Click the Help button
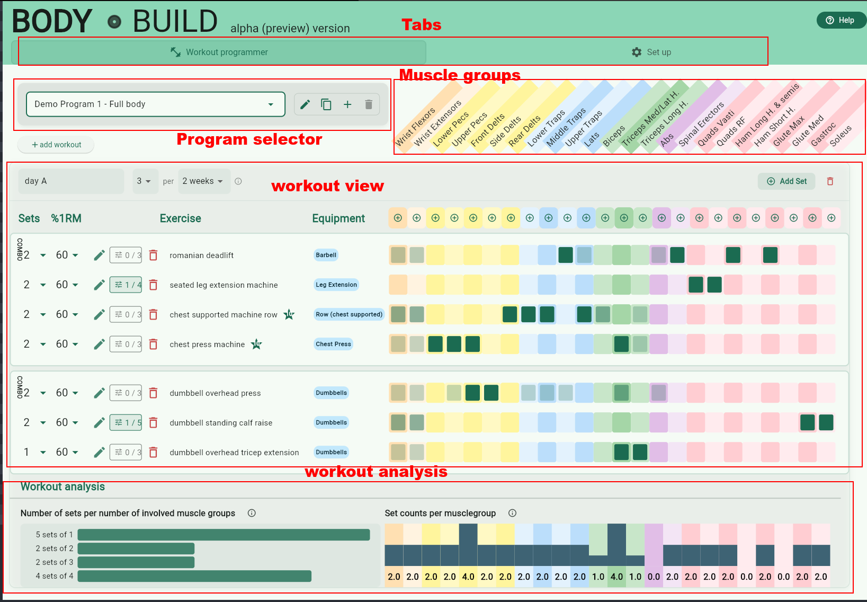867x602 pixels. coord(841,20)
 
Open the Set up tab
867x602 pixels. coord(651,52)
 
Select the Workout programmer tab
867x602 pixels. coord(219,52)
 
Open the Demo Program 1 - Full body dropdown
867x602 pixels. coord(155,104)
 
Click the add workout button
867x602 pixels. coord(56,145)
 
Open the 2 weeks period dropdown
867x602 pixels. coord(203,181)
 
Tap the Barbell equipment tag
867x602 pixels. coord(326,255)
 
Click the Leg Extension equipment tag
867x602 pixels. coord(336,285)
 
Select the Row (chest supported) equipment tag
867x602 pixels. coord(348,314)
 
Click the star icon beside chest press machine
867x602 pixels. coord(257,344)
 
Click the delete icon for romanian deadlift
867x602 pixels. coord(154,255)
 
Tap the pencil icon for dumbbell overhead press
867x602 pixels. coord(99,393)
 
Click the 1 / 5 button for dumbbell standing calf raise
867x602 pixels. coord(126,422)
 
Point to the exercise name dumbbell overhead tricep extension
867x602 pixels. coord(234,453)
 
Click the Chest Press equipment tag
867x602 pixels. coord(333,344)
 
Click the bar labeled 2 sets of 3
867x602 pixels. coord(136,562)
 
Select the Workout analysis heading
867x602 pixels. coord(62,486)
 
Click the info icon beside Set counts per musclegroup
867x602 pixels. coord(512,513)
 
